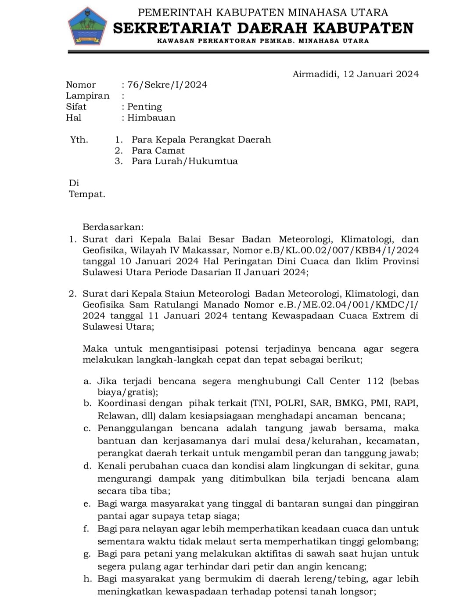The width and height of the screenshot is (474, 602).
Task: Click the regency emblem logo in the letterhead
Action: [88, 26]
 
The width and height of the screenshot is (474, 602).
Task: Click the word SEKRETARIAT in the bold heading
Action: [172, 28]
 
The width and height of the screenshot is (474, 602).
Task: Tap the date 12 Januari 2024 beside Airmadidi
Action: [381, 74]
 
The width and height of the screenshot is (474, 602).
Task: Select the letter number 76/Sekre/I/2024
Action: [167, 85]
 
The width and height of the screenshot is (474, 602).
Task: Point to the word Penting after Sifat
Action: [144, 107]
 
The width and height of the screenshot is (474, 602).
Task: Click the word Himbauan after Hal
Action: [151, 118]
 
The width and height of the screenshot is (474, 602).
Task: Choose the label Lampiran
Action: [87, 96]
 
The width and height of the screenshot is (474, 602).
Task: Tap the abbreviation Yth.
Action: [79, 140]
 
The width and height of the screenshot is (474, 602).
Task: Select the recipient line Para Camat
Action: [158, 151]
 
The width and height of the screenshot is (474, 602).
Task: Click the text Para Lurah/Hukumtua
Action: [184, 161]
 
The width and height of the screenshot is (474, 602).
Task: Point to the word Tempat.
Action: [87, 194]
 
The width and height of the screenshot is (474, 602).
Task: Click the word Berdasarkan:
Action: [113, 227]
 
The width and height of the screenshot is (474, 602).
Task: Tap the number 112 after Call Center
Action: [375, 381]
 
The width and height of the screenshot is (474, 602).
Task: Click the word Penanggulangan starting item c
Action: [135, 428]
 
